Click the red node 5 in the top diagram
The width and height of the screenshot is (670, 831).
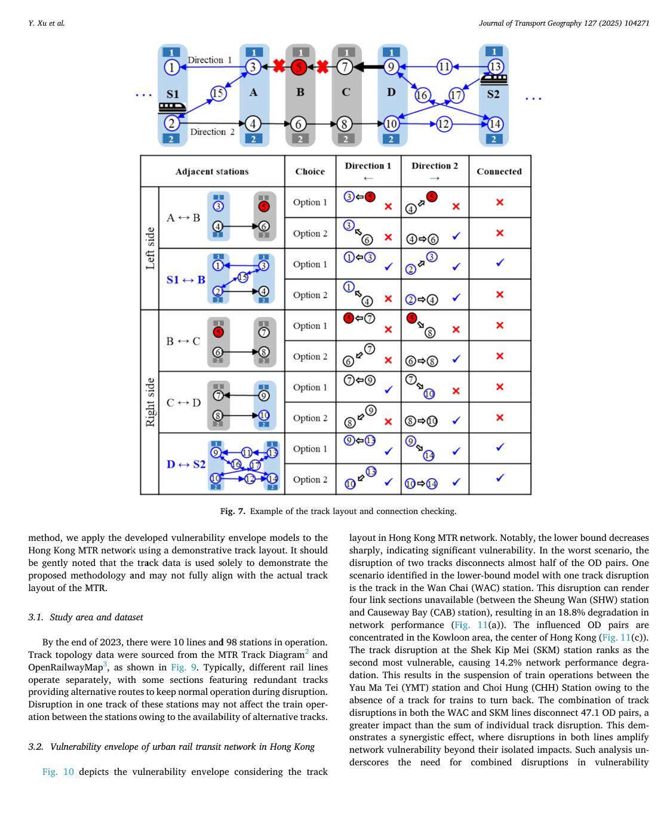pos(300,67)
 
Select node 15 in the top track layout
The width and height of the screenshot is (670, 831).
pos(218,93)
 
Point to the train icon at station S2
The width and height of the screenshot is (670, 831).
pos(494,78)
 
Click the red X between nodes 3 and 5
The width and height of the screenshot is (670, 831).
pos(278,66)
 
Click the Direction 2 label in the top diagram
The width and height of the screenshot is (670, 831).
pos(212,132)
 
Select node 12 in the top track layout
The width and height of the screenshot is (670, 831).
pos(443,124)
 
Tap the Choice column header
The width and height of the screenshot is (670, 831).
pos(310,171)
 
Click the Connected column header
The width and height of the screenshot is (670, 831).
pos(499,171)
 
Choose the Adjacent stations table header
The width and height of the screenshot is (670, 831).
pos(212,171)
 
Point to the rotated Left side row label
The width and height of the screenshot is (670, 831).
pos(150,248)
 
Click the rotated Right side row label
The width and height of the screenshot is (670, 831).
pos(150,402)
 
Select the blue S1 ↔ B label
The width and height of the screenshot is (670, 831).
pos(186,279)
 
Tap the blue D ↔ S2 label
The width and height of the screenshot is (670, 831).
pos(186,464)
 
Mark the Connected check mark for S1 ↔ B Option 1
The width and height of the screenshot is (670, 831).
pos(500,263)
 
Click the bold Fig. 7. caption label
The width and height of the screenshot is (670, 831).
pos(233,511)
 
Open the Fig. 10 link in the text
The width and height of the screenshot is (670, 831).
pos(58,772)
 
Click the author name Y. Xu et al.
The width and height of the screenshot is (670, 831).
pos(47,23)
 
